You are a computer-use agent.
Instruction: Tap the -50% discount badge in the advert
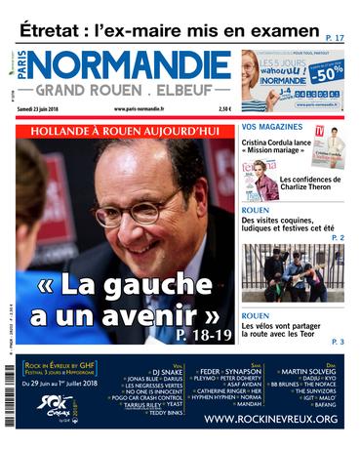pos(329,74)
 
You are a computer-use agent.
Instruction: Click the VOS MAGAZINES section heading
pos(275,127)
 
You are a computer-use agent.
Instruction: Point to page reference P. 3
pos(337,342)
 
